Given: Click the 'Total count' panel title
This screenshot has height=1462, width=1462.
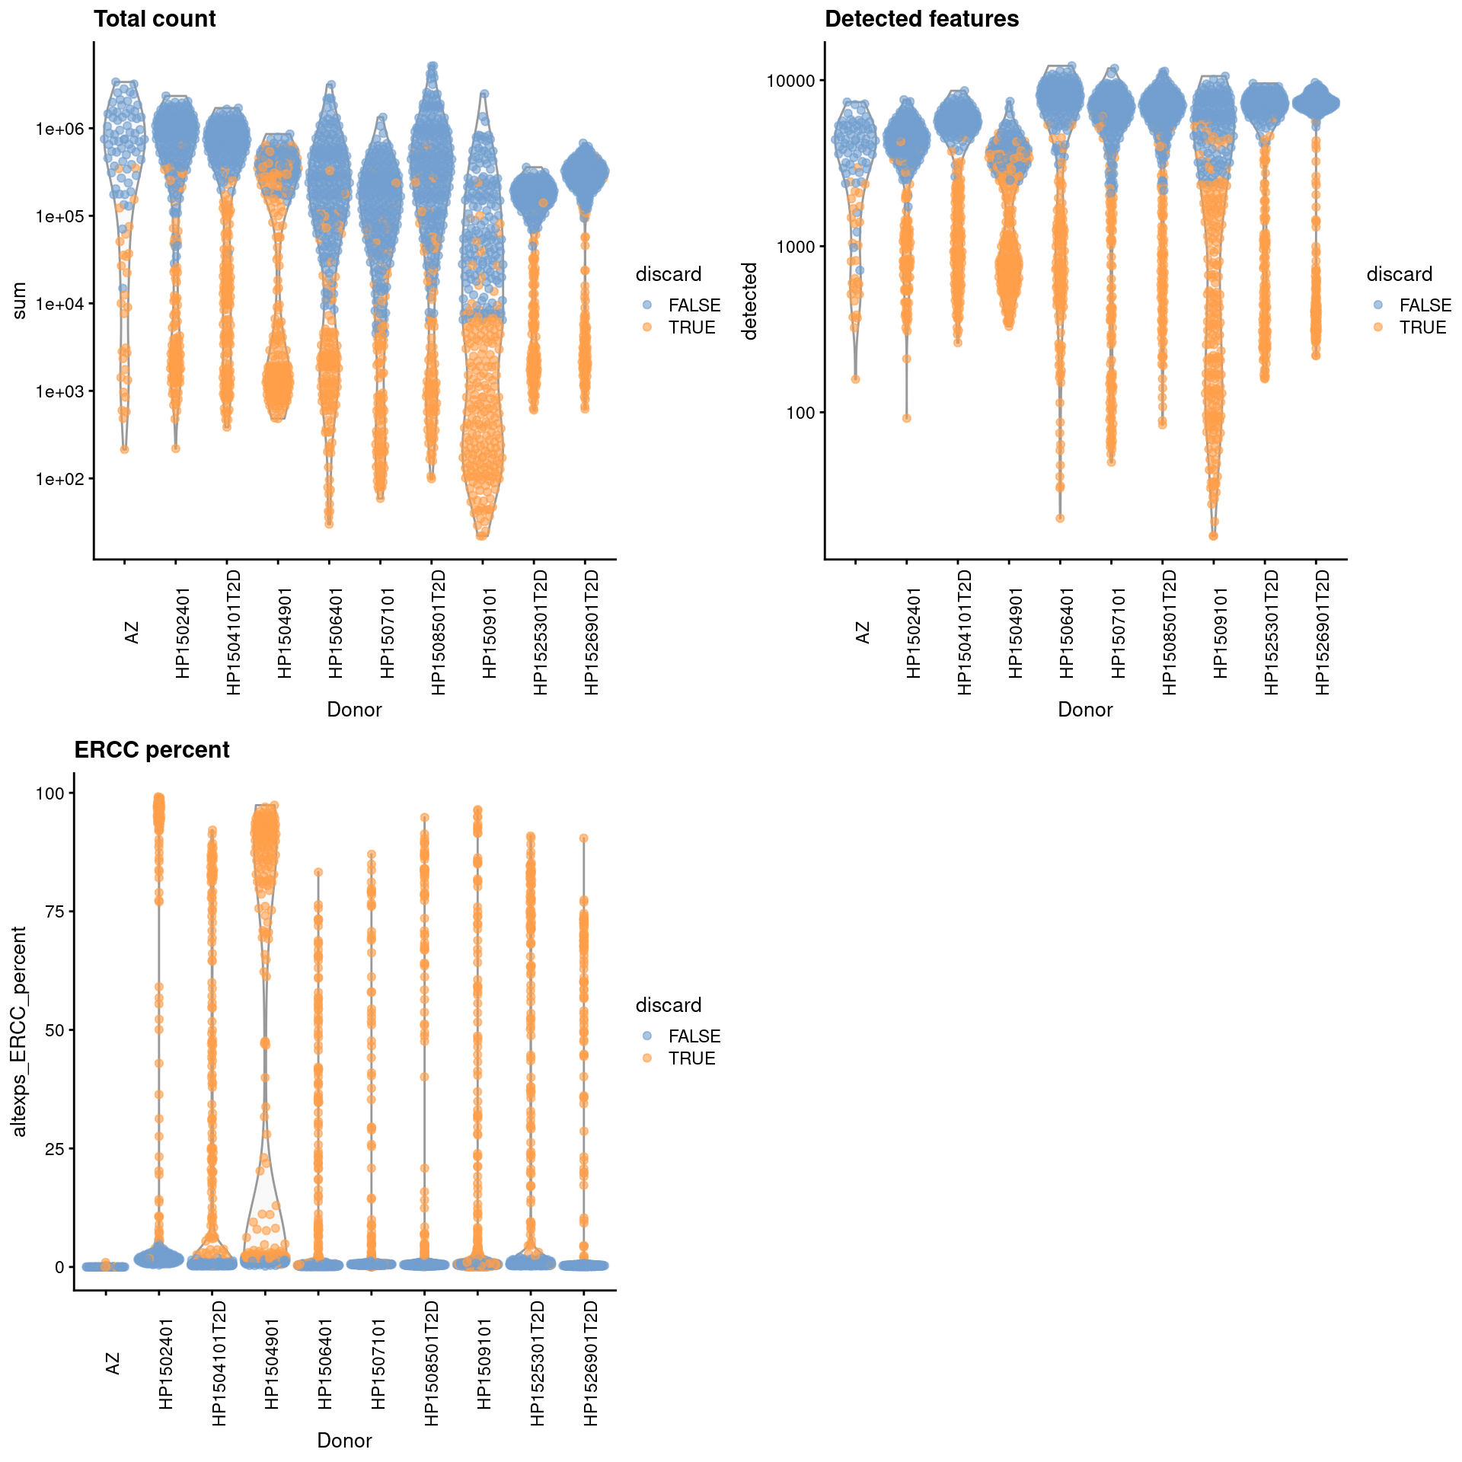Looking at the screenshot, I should pos(155,19).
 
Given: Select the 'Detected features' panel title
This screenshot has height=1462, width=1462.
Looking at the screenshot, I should pos(921,19).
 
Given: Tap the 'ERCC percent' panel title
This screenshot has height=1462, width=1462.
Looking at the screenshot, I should pos(152,750).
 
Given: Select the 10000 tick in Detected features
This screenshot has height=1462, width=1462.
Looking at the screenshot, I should pos(790,81).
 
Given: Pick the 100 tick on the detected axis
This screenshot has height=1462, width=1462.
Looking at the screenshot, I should pos(800,413).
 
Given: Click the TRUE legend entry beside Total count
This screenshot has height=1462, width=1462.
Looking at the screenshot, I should pos(691,327).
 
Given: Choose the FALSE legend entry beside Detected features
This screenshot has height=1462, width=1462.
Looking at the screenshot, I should pos(1425,305).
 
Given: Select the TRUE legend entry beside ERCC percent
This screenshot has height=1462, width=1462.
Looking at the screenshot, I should pos(691,1058).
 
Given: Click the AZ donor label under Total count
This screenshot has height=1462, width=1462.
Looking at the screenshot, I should pos(132,632).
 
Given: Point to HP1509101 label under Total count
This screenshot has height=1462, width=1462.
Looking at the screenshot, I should pos(489,632).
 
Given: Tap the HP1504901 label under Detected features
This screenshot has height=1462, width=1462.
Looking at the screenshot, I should pos(1015,632).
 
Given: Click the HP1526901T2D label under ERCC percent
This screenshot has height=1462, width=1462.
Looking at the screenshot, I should pos(591,1363).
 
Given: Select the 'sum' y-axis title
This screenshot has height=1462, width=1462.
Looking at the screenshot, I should pos(19,301).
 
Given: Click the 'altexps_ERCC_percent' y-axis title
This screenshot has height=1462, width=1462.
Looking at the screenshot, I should pos(19,1032).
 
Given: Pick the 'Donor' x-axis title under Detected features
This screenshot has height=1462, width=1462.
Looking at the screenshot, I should pos(1085,710).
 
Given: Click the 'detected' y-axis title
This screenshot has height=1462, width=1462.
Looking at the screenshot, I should pos(750,301).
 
